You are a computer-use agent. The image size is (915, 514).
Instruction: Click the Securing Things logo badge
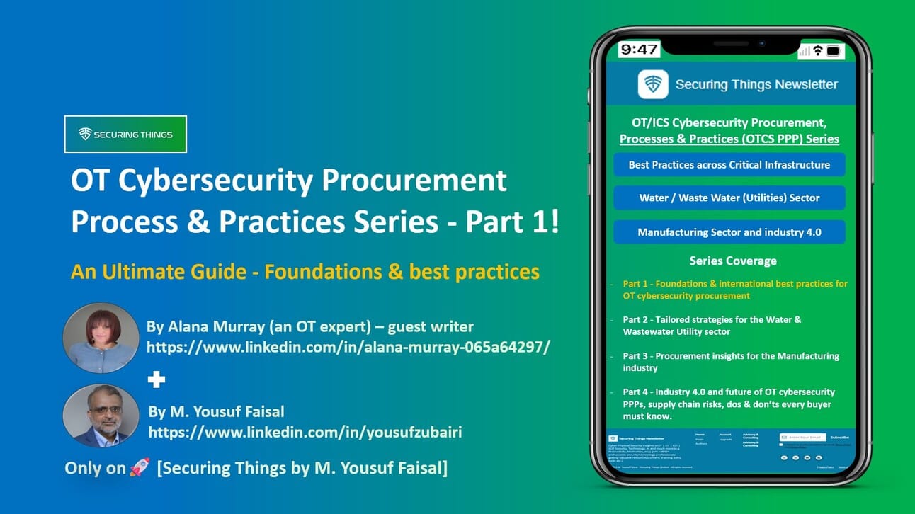(125, 134)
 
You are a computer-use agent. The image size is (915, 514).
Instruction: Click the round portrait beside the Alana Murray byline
(100, 338)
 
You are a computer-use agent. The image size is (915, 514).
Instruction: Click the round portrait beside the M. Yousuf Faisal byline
(100, 415)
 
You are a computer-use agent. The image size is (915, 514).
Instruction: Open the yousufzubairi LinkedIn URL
(305, 430)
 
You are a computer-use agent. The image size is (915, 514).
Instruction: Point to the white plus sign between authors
(156, 380)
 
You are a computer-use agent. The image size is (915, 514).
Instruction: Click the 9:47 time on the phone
(638, 50)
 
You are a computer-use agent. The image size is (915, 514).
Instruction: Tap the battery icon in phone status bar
(834, 51)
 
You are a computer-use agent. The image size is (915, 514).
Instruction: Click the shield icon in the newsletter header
(652, 84)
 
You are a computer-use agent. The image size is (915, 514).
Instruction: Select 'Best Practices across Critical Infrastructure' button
(729, 165)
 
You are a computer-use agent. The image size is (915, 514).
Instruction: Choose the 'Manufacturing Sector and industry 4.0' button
(729, 232)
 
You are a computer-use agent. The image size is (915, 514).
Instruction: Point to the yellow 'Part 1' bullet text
(734, 289)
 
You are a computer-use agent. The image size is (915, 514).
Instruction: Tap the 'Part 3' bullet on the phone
(730, 361)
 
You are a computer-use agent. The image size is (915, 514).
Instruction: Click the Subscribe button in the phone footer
(839, 437)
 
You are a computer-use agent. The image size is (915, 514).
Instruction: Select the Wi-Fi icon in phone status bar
(817, 51)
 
